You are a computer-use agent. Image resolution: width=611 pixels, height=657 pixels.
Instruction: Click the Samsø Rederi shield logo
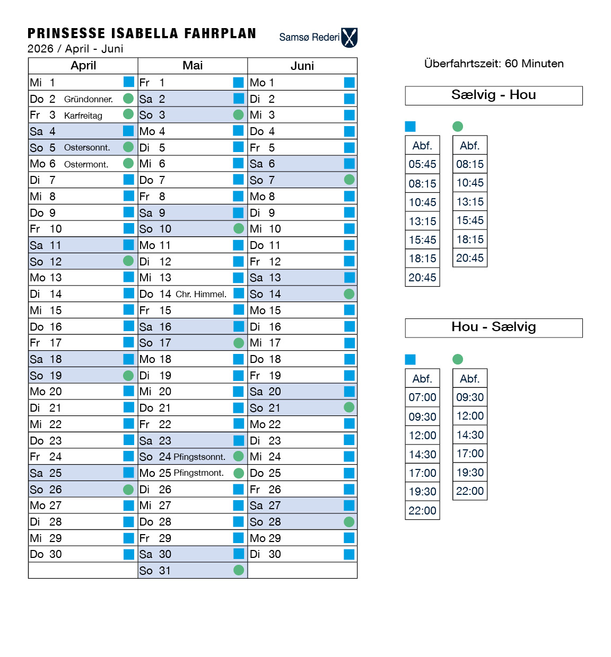click(350, 38)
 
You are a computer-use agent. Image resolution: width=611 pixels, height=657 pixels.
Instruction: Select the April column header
click(83, 66)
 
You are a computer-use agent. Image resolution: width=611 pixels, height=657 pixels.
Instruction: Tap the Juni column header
click(302, 66)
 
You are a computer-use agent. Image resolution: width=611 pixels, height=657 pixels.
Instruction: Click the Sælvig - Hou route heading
click(493, 95)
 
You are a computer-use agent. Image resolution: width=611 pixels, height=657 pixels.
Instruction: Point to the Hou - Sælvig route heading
click(493, 327)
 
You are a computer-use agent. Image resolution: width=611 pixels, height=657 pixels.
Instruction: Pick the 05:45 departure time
click(422, 164)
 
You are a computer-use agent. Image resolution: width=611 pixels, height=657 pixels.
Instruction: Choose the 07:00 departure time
click(422, 397)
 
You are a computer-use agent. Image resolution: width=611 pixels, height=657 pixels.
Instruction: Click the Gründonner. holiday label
click(89, 99)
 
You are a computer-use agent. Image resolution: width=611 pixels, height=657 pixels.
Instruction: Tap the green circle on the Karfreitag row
click(128, 114)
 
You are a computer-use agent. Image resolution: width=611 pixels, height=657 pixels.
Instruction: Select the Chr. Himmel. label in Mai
click(201, 294)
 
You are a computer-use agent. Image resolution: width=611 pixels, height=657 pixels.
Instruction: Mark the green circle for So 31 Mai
click(239, 570)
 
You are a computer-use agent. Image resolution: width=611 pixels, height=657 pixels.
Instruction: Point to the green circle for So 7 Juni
click(349, 180)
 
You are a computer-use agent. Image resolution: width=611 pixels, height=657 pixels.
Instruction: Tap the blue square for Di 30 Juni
click(349, 554)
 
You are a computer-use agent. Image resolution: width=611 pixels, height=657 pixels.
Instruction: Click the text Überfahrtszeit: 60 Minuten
click(494, 64)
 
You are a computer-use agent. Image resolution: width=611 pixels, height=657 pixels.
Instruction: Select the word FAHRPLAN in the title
click(220, 33)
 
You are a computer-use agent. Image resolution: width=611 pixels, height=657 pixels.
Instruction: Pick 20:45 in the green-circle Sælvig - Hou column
click(470, 258)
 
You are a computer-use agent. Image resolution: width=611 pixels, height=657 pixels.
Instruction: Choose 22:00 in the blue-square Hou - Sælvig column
click(422, 511)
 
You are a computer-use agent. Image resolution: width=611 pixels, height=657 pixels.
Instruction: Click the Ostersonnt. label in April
click(87, 147)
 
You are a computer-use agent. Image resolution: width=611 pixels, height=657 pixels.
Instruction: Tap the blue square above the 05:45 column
click(411, 126)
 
